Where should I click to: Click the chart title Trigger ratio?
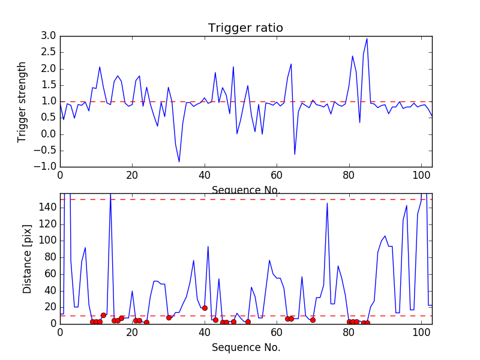click(245, 28)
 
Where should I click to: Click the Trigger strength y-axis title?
click(22, 101)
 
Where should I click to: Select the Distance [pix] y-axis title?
click(28, 259)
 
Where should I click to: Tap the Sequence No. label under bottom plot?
click(245, 347)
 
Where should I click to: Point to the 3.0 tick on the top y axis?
click(49, 36)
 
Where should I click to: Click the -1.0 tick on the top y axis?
click(46, 166)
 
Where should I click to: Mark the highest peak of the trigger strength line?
click(367, 39)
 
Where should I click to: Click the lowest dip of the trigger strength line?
click(179, 161)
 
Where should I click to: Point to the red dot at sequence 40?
click(205, 308)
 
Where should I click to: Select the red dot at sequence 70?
click(313, 320)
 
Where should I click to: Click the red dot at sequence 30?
click(169, 317)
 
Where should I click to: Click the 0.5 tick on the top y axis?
click(49, 118)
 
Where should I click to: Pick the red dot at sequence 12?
click(103, 315)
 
